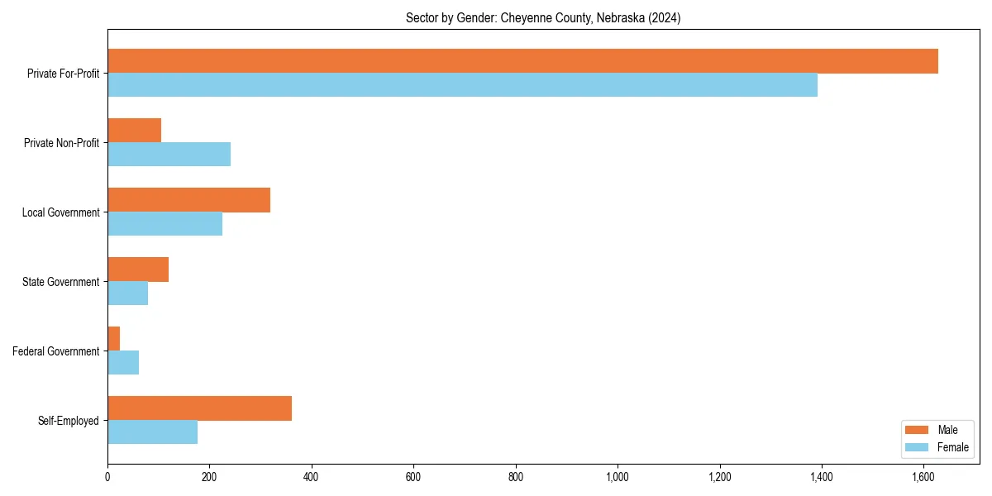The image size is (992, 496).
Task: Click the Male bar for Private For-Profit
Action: pyautogui.click(x=522, y=61)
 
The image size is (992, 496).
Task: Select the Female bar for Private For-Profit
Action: pyautogui.click(x=462, y=85)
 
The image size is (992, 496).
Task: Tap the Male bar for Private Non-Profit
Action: pyautogui.click(x=134, y=131)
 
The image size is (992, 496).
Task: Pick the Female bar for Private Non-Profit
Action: pyautogui.click(x=169, y=155)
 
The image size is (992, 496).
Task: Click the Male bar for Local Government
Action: pyautogui.click(x=188, y=200)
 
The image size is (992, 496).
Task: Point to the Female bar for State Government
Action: pyautogui.click(x=127, y=293)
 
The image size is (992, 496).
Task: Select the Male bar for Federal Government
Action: pyautogui.click(x=113, y=339)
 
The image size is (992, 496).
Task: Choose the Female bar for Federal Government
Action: pyautogui.click(x=123, y=363)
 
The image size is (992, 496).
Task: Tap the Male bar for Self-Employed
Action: pyautogui.click(x=199, y=408)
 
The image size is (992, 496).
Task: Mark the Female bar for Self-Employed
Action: pyautogui.click(x=152, y=432)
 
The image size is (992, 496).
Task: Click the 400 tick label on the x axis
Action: pyautogui.click(x=312, y=477)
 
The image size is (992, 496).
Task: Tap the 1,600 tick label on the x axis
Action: pyautogui.click(x=923, y=477)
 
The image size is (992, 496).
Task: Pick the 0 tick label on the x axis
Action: pyautogui.click(x=107, y=477)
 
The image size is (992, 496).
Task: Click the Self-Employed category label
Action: pyautogui.click(x=69, y=421)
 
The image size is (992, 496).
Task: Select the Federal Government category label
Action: pyautogui.click(x=56, y=351)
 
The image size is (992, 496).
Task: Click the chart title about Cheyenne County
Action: pyautogui.click(x=543, y=18)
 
